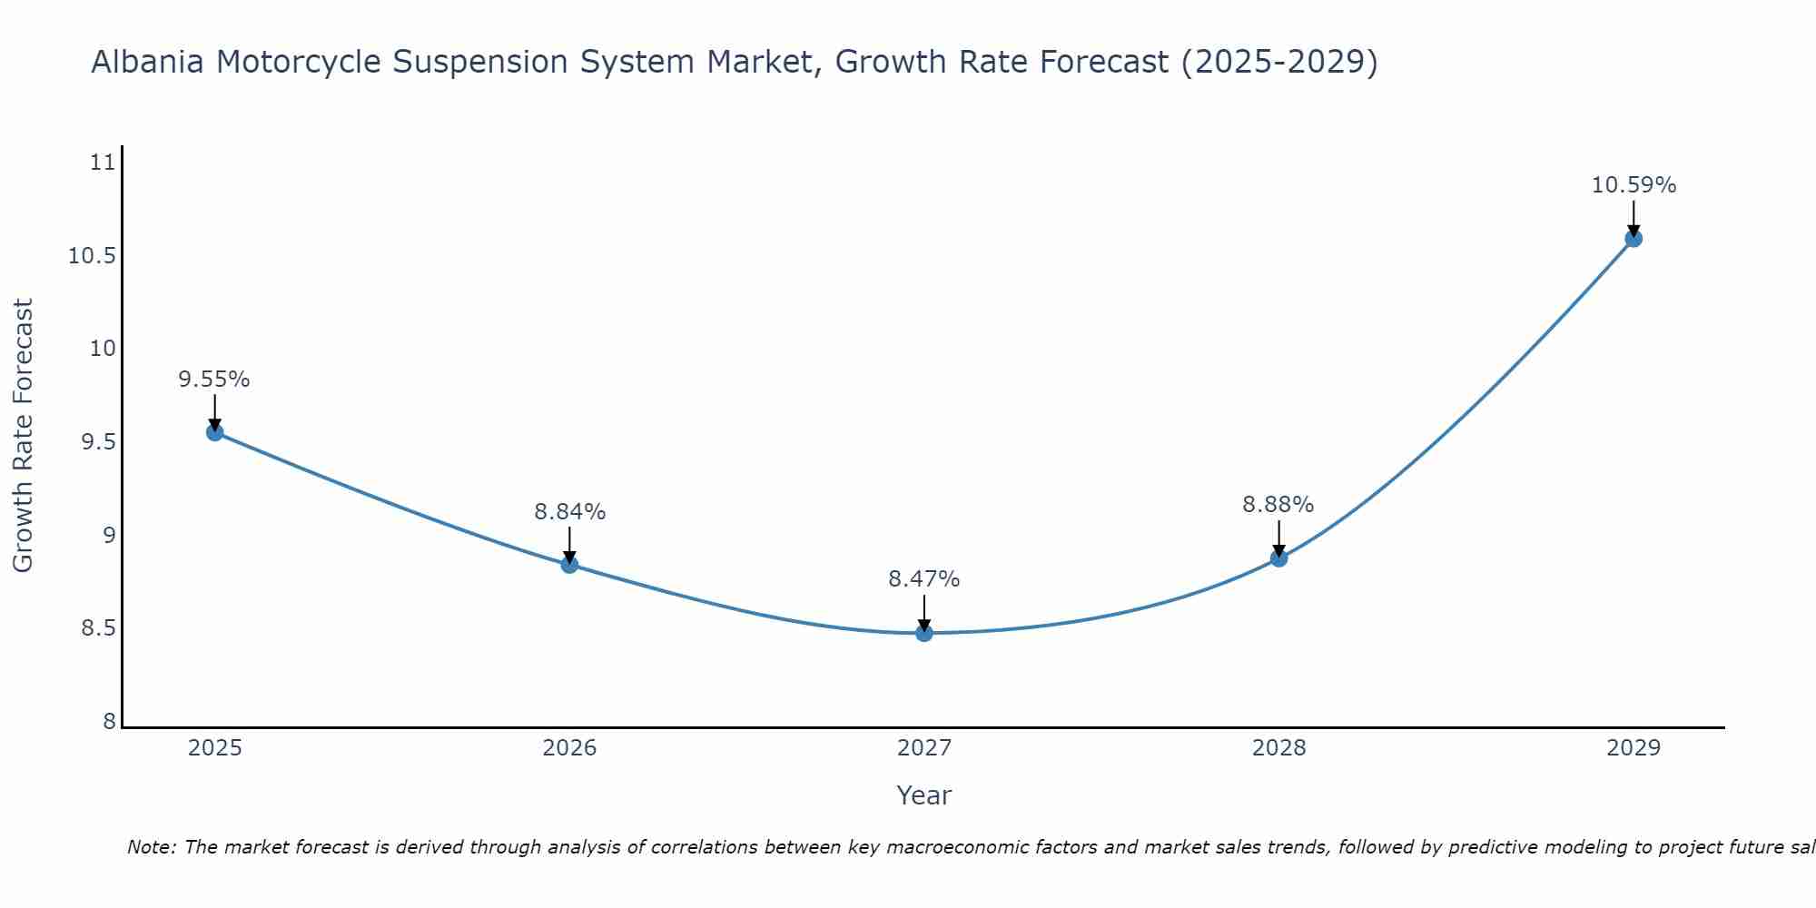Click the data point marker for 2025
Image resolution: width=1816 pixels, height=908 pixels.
(215, 432)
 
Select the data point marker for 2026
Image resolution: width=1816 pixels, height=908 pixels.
(569, 565)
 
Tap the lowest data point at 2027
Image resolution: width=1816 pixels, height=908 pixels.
(924, 633)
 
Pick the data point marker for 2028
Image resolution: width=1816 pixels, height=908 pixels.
(1278, 558)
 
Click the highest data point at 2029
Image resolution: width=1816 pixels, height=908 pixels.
(1633, 239)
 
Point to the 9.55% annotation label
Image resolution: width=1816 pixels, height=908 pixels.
(214, 380)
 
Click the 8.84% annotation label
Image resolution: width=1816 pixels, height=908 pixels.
(569, 512)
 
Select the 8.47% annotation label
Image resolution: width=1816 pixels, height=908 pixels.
(923, 579)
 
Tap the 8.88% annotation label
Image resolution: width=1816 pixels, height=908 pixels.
(1278, 505)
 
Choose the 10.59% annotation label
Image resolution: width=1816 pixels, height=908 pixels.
(1633, 185)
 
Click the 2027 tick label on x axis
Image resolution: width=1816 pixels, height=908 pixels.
(924, 748)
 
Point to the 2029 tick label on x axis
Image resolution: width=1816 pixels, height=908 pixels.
(1633, 748)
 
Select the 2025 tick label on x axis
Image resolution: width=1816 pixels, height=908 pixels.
(215, 748)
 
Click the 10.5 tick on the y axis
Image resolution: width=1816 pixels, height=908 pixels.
(93, 256)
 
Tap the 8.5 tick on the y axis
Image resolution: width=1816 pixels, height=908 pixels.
(99, 628)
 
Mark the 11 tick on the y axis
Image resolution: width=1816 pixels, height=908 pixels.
(104, 163)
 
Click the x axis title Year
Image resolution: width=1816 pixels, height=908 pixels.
(923, 795)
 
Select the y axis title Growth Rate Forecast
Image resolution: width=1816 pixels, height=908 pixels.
(24, 436)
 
